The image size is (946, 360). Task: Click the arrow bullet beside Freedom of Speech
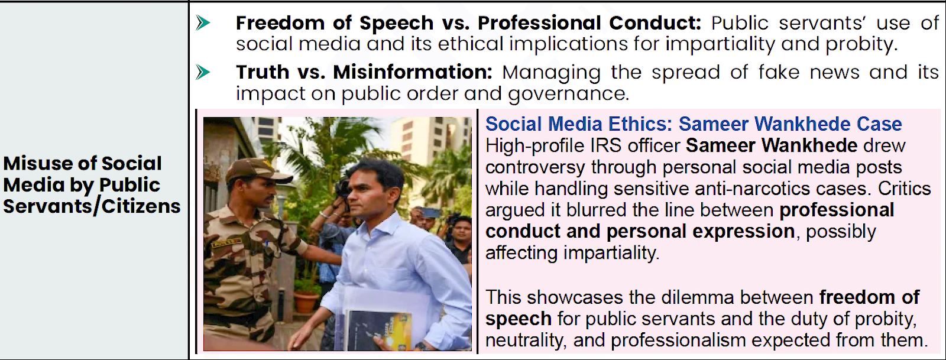click(x=203, y=23)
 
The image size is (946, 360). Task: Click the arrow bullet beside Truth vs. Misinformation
click(x=203, y=72)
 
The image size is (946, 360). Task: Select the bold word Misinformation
click(x=413, y=72)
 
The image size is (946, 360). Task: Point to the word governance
click(x=568, y=94)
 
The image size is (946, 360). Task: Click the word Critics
click(x=905, y=189)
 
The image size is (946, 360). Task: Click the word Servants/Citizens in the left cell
click(x=92, y=206)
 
